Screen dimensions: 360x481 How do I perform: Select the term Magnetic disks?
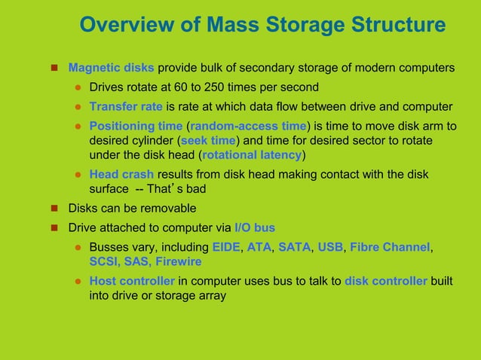112,68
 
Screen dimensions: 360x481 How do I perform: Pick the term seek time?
207,141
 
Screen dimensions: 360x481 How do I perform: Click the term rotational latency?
251,156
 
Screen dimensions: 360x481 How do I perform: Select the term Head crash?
121,175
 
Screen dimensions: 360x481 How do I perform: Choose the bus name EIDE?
226,246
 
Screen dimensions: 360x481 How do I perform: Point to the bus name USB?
330,246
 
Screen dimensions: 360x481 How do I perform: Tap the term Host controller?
132,281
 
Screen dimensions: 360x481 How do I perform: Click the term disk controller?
386,281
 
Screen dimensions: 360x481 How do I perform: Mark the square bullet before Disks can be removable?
54,209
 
